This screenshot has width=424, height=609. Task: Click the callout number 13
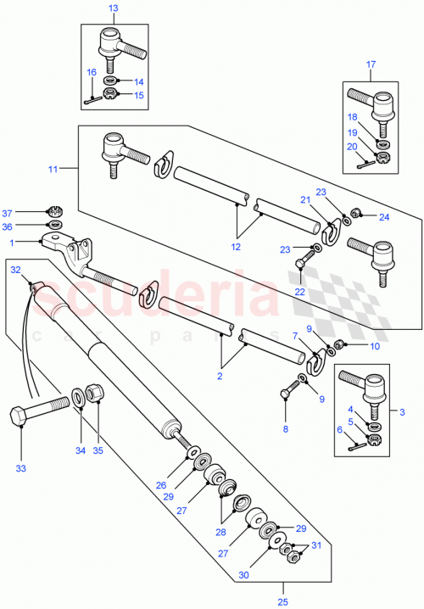[x=114, y=8]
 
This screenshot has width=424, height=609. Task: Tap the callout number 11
[x=52, y=170]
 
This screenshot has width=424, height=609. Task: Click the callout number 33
[x=20, y=467]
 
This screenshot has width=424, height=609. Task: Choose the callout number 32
[x=15, y=269]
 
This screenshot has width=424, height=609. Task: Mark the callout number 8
[x=285, y=430]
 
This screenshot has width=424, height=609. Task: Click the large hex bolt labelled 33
[x=37, y=408]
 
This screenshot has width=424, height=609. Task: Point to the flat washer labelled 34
[x=78, y=394]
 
